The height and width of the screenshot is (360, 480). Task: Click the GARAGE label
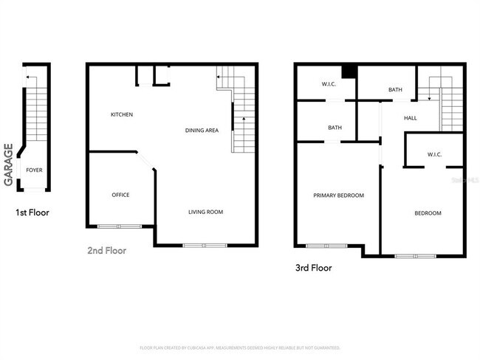(x=9, y=165)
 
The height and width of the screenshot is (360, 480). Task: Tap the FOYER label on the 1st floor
(x=34, y=170)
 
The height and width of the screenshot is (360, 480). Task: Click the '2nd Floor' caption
(x=106, y=251)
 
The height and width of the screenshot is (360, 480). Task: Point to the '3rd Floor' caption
(x=312, y=268)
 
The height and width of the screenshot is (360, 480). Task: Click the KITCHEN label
(x=122, y=114)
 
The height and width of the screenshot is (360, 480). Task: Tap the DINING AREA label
(x=202, y=131)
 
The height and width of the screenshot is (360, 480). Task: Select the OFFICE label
(x=120, y=195)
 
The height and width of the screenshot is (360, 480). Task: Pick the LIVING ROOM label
(x=205, y=212)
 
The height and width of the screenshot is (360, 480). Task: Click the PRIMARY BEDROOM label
(x=338, y=195)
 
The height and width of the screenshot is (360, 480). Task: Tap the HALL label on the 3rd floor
(x=411, y=118)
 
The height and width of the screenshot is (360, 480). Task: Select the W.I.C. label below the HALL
(x=434, y=154)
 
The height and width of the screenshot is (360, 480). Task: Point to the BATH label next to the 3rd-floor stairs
(x=396, y=90)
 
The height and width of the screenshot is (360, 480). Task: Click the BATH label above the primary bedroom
(x=335, y=128)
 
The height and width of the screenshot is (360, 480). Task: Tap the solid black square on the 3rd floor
(x=349, y=71)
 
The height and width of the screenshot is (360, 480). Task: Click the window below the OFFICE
(x=119, y=226)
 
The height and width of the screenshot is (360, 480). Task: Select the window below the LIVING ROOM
(x=205, y=245)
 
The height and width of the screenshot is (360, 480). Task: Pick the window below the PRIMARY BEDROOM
(x=326, y=246)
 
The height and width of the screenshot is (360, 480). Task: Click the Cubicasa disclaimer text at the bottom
(x=239, y=347)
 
